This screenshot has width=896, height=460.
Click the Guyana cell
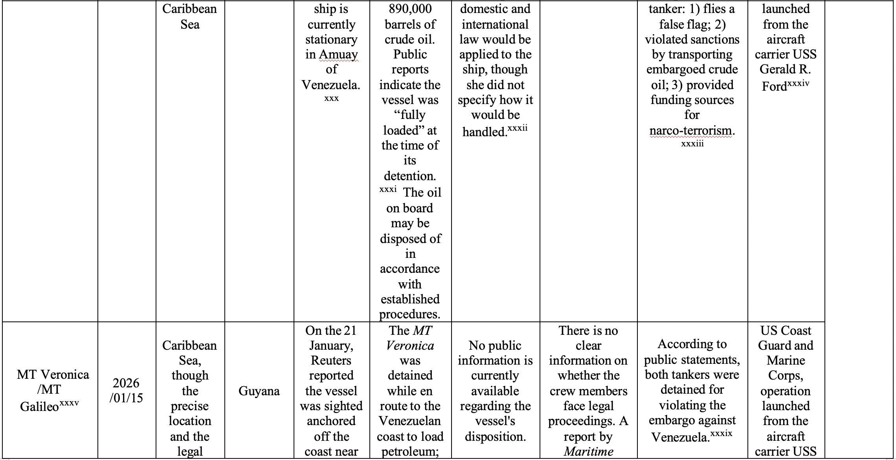tap(259, 391)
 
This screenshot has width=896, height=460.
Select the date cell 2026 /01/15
tap(126, 391)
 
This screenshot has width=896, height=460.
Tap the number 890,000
tap(410, 9)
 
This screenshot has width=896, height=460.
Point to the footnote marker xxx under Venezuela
tap(331, 99)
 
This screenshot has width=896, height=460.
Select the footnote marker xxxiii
tap(692, 144)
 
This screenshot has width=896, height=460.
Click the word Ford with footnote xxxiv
tap(774, 86)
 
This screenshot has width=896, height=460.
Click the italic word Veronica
tap(410, 345)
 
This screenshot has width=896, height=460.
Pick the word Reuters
tap(331, 360)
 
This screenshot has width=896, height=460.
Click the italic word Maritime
tap(588, 452)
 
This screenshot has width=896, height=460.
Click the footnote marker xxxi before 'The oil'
tap(388, 190)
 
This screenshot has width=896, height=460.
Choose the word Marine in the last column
tap(786, 360)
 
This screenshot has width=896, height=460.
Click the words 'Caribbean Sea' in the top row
tap(190, 16)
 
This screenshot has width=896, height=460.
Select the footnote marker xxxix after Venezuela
tap(721, 434)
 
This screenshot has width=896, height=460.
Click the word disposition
tap(495, 436)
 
